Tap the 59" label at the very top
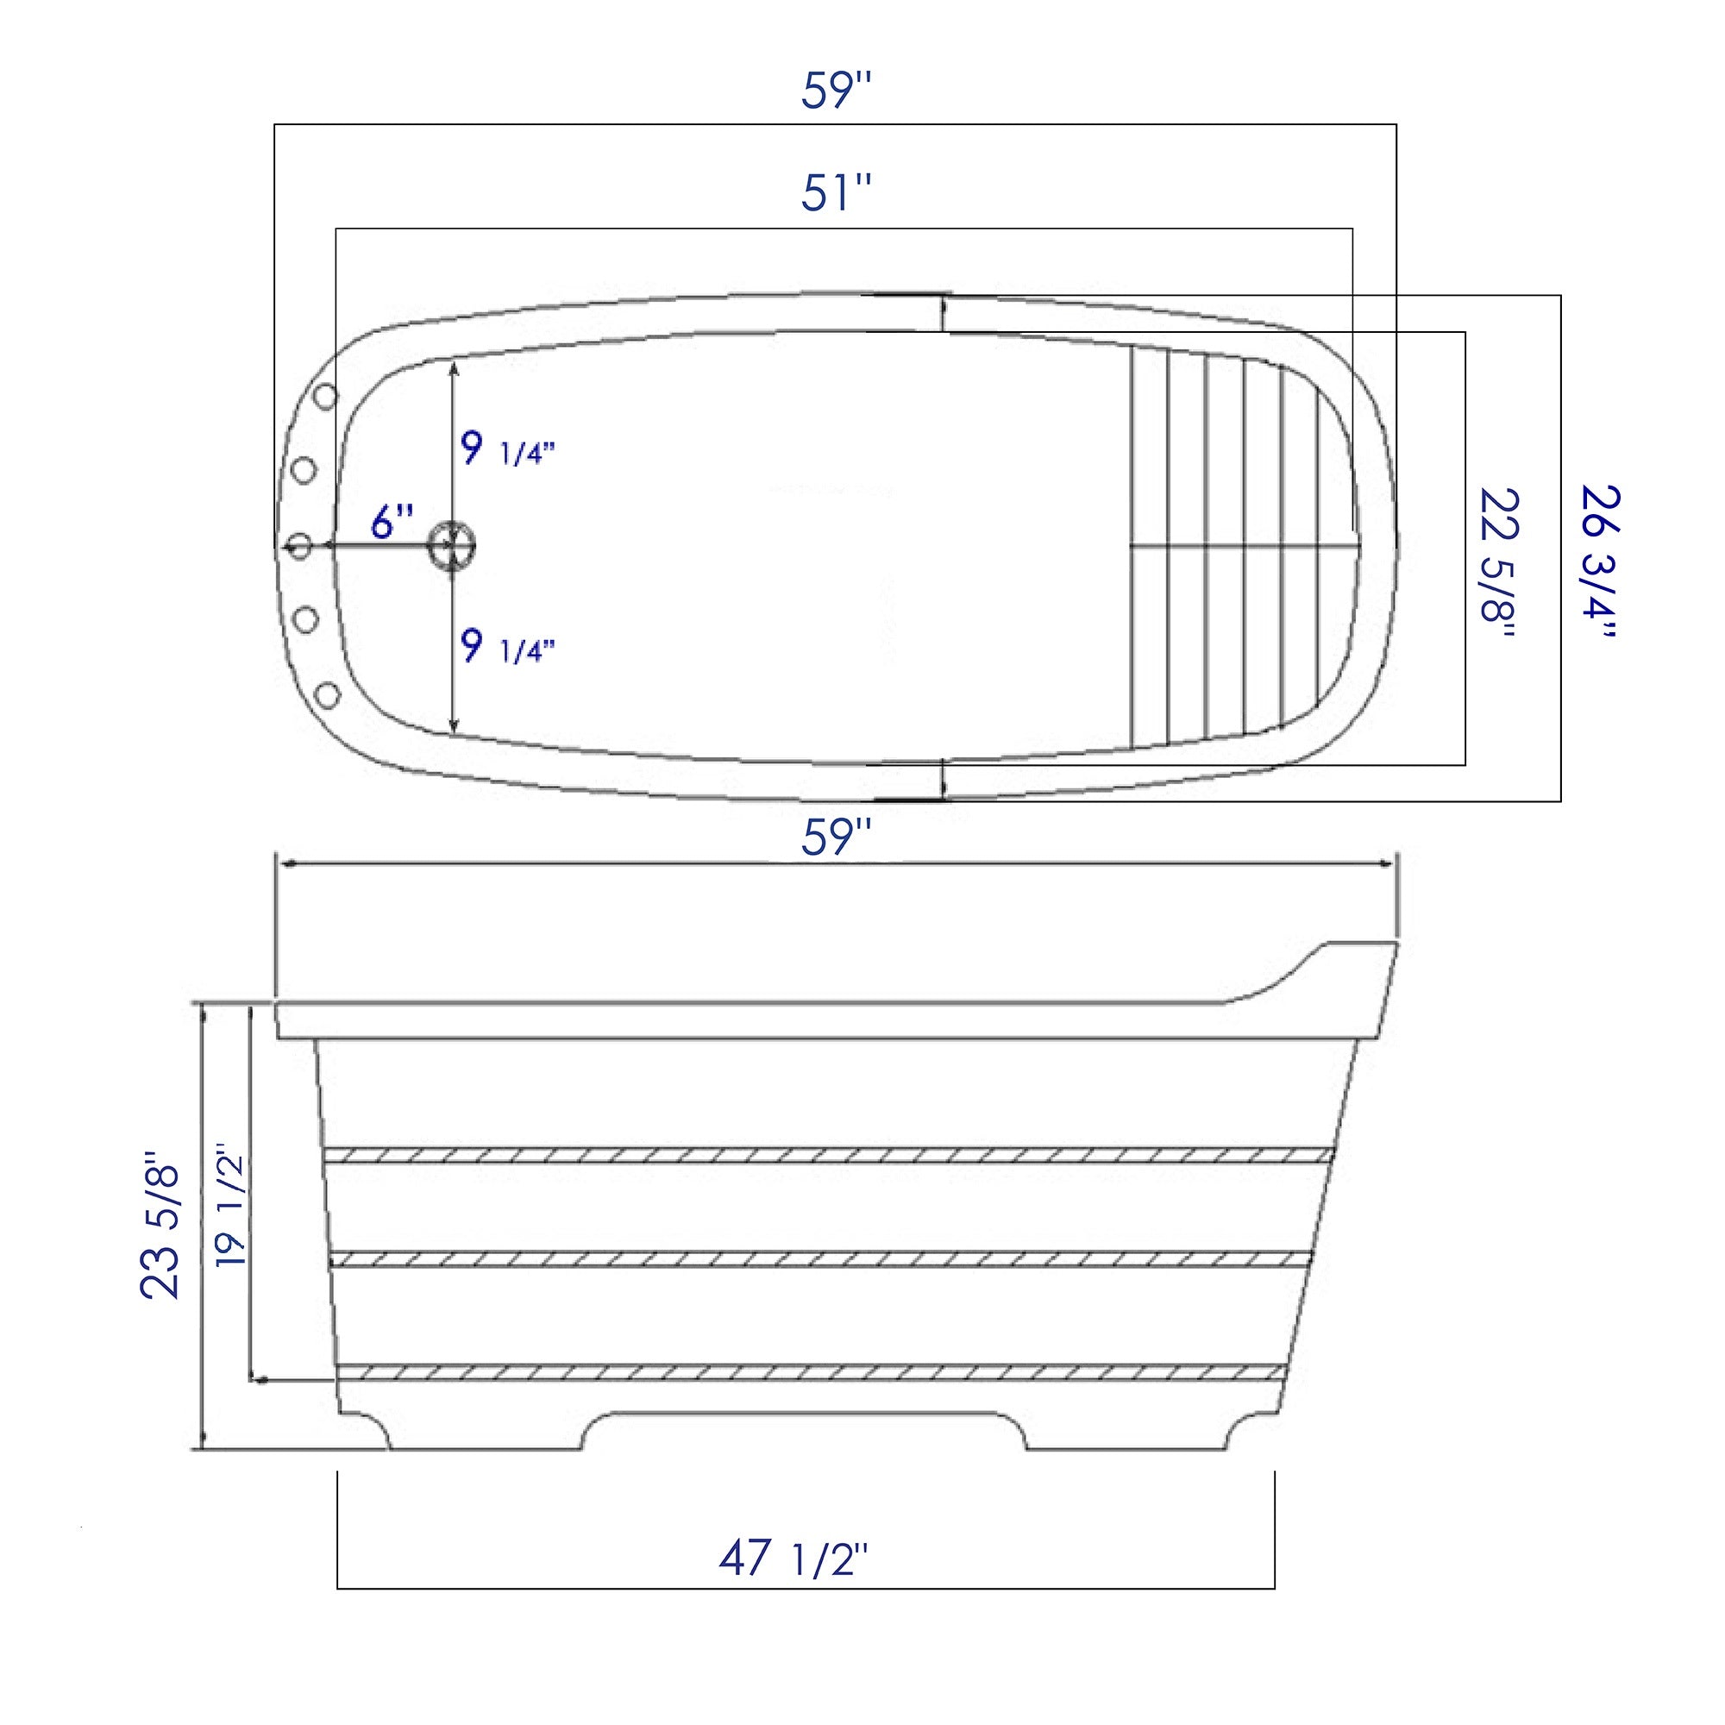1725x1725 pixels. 835,91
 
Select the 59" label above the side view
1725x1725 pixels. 835,839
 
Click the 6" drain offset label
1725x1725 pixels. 392,523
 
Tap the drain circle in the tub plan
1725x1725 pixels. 453,543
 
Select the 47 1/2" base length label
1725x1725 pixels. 793,1559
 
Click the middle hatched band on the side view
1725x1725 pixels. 819,1259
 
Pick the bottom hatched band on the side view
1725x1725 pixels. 811,1372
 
